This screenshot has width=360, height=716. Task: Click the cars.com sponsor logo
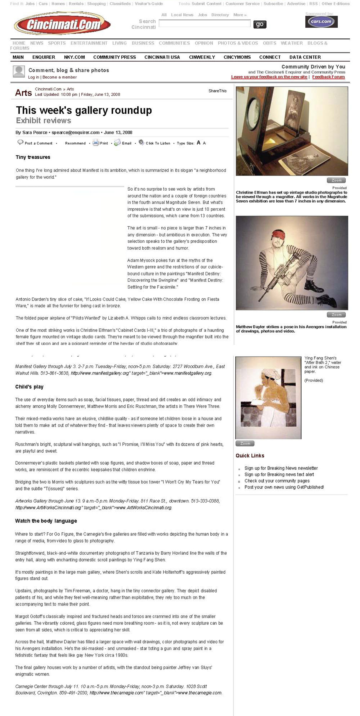pyautogui.click(x=321, y=22)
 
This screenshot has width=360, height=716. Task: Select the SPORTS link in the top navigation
pyautogui.click(x=57, y=43)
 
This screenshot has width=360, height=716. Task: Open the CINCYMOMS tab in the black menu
pyautogui.click(x=237, y=57)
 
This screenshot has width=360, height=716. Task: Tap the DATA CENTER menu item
pyautogui.click(x=305, y=57)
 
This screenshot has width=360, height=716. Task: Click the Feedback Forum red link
pyautogui.click(x=328, y=77)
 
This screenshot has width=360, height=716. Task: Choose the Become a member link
pyautogui.click(x=60, y=77)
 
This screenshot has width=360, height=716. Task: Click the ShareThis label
pyautogui.click(x=217, y=91)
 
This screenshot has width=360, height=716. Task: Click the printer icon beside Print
pyautogui.click(x=96, y=143)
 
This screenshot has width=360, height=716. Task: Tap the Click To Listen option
pyautogui.click(x=158, y=143)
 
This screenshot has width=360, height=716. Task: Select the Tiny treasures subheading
pyautogui.click(x=33, y=157)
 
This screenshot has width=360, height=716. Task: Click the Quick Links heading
pyautogui.click(x=250, y=456)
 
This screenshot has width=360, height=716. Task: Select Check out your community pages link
pyautogui.click(x=277, y=481)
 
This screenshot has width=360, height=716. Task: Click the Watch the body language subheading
pyautogui.click(x=46, y=521)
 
